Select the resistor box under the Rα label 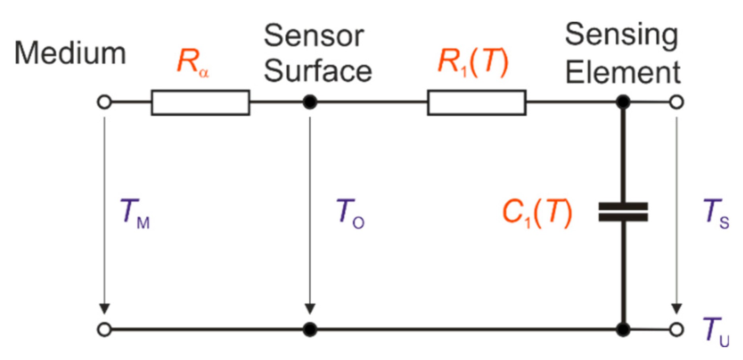pos(200,103)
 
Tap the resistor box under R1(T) pos(477,103)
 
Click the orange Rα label pos(192,63)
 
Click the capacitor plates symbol pos(623,212)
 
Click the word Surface pos(318,72)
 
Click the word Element pos(623,72)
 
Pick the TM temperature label pos(134,213)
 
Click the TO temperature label pos(350,213)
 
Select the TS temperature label pos(716,213)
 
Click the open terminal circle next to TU pos(676,329)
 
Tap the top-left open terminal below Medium pos(104,102)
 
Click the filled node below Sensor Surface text pos(310,102)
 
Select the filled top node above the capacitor pos(623,102)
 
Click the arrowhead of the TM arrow pos(104,309)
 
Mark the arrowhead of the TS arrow pos(677,309)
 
